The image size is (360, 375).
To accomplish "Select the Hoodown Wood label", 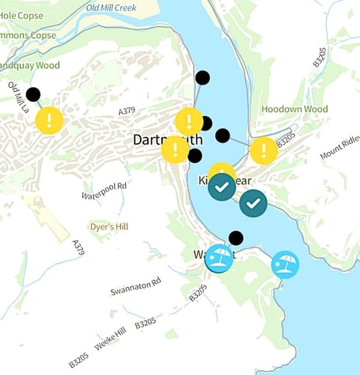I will coord(294,108).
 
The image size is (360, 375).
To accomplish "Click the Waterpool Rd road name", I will coord(104,191).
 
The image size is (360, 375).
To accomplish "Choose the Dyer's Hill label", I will coord(108,225).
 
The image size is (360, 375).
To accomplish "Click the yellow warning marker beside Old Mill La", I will coord(49,120).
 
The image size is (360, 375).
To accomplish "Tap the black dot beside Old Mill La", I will coord(33,94).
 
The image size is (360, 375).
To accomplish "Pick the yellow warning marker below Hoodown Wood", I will coord(263,150).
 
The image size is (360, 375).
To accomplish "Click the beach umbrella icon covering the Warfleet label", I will coord(219,258).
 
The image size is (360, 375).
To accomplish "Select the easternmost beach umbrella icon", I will coord(285,263).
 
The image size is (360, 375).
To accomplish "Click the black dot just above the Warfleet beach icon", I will coord(235,237).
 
